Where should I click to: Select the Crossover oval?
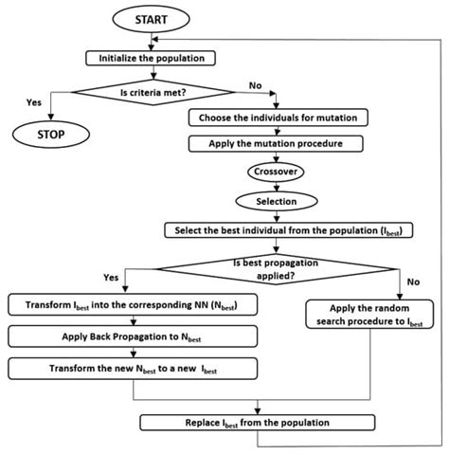click(x=275, y=173)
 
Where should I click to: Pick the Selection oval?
click(x=275, y=201)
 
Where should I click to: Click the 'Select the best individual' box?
click(x=275, y=230)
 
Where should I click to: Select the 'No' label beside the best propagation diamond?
click(x=414, y=282)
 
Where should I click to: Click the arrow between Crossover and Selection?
click(x=275, y=187)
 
